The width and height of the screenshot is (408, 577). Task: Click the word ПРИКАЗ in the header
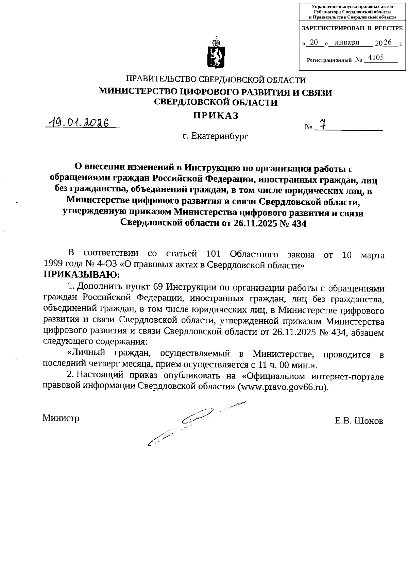pyautogui.click(x=216, y=116)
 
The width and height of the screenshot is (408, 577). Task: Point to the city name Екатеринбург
pyautogui.click(x=220, y=136)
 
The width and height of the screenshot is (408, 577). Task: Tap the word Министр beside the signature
pyautogui.click(x=61, y=418)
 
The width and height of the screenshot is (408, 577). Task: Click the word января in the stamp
pyautogui.click(x=347, y=43)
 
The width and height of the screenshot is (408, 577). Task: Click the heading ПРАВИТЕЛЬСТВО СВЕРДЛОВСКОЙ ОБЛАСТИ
pyautogui.click(x=216, y=80)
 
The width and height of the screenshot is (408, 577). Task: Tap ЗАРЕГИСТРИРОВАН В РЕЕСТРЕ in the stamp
pyautogui.click(x=352, y=29)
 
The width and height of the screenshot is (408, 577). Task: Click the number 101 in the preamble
pyautogui.click(x=214, y=254)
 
